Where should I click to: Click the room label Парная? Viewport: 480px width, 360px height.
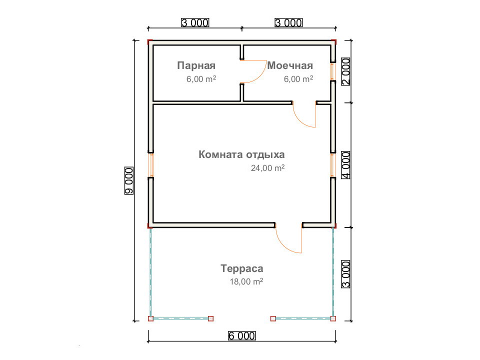point(196,65)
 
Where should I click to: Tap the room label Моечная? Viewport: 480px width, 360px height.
point(290,65)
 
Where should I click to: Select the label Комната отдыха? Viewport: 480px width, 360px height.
point(241,154)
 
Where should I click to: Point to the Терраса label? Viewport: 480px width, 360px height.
point(242,268)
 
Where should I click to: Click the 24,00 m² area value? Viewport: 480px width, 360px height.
point(268,168)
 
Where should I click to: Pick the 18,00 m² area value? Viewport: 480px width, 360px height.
point(246,281)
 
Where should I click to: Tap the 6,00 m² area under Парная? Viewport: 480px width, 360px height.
point(201,79)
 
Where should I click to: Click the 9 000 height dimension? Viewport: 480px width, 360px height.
point(129,180)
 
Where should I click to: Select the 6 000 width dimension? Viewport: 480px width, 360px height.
point(241,336)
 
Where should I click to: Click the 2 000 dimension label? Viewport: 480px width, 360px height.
point(345,71)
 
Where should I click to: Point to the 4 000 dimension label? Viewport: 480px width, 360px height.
point(345,164)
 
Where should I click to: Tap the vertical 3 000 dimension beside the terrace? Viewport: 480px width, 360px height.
point(345,274)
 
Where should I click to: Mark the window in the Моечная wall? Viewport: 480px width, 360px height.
point(333,71)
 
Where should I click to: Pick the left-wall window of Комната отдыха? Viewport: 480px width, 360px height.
point(150,164)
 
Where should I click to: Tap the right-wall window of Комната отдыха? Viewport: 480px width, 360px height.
point(333,164)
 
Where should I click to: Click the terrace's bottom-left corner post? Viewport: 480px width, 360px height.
point(150,318)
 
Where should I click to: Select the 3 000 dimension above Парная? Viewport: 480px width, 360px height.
point(195,22)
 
